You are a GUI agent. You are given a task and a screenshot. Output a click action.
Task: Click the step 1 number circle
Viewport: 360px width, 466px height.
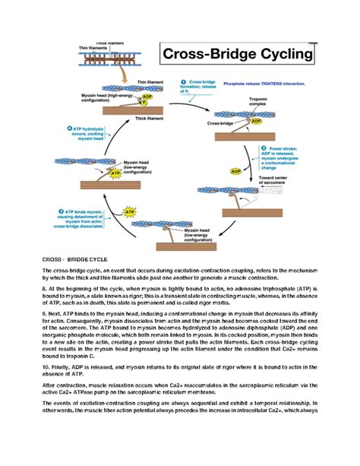(183, 82)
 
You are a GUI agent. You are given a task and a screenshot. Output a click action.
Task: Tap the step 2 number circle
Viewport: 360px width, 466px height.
(264, 149)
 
